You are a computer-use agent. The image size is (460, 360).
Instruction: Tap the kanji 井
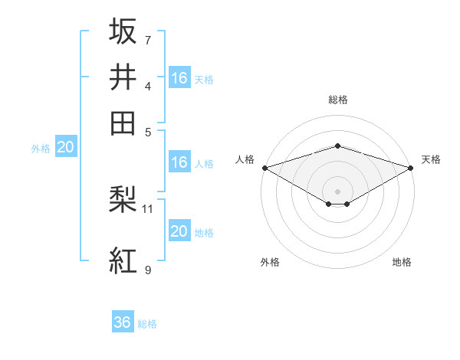[123, 76]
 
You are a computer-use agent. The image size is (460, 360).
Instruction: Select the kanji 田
[123, 122]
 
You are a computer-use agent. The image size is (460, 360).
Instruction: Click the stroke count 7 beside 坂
[148, 40]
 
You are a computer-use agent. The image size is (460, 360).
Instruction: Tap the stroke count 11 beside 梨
[148, 208]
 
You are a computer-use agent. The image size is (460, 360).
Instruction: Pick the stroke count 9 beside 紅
[148, 270]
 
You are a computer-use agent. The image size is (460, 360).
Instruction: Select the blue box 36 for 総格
[123, 322]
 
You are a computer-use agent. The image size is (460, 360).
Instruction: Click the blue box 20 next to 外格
[65, 148]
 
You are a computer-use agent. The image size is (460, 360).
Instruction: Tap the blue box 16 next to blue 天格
[179, 77]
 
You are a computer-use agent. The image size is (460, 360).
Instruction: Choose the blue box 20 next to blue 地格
[179, 231]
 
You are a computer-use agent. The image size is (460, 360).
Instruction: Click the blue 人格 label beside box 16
[204, 163]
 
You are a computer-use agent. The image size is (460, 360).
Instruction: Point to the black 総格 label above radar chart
[337, 100]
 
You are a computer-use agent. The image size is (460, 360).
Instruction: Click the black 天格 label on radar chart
[431, 159]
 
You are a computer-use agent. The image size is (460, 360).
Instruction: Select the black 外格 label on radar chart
[270, 262]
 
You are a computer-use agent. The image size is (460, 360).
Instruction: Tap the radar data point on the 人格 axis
[264, 167]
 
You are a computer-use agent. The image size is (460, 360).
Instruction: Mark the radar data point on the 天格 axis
[412, 167]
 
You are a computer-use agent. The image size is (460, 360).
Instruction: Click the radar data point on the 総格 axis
[337, 146]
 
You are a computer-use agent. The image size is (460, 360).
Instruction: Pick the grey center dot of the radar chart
[337, 191]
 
